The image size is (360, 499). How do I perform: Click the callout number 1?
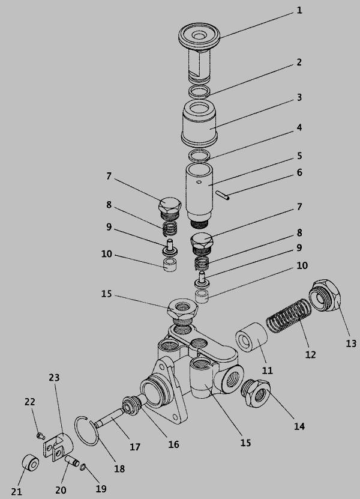[x=299, y=10]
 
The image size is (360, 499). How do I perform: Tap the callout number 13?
[x=351, y=343]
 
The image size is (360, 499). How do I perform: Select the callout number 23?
[x=54, y=378]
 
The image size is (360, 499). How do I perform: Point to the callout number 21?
[x=17, y=492]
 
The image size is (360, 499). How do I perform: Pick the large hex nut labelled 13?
[x=326, y=296]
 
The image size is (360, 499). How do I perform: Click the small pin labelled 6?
[x=222, y=195]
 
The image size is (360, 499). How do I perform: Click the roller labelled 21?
[x=30, y=463]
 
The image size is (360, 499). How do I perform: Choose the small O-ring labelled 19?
[x=82, y=467]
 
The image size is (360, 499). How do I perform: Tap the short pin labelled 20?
[x=72, y=461]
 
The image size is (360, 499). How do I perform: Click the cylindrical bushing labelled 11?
[x=251, y=338]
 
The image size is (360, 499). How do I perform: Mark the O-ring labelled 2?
[x=199, y=92]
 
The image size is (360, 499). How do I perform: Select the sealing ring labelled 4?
[x=199, y=156]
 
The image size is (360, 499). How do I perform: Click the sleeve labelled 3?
[x=199, y=123]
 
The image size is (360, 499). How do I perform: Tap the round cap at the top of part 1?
[x=199, y=35]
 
